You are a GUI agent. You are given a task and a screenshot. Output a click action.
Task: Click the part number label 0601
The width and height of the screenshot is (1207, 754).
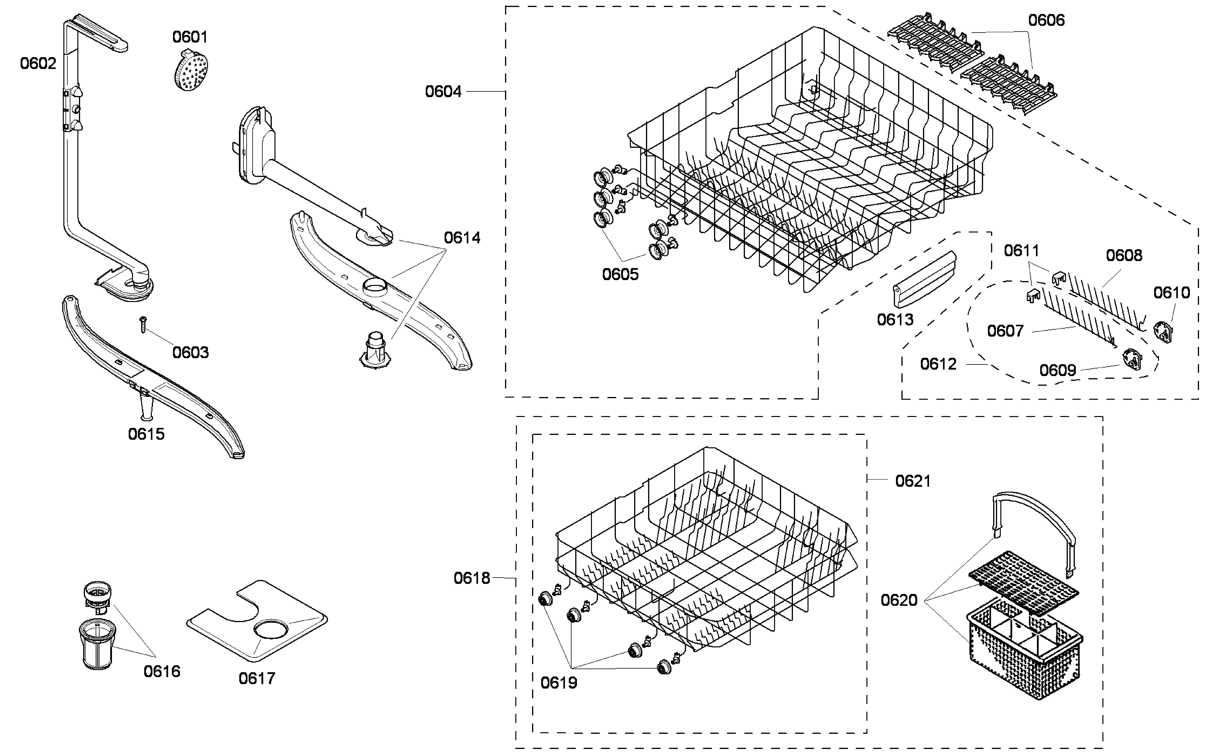[190, 37]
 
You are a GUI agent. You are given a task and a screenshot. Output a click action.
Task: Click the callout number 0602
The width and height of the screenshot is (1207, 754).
[38, 63]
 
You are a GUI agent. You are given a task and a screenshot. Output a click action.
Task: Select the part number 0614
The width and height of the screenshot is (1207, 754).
[462, 238]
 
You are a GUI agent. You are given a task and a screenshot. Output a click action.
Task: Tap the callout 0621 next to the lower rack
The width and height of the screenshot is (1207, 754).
[913, 481]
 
